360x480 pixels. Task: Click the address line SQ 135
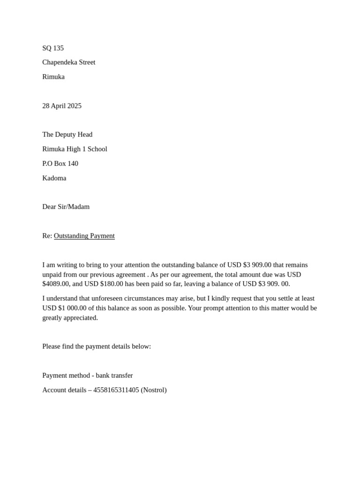[x=53, y=48]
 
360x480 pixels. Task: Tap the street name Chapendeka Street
[x=68, y=62]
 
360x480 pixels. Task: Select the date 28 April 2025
[x=62, y=106]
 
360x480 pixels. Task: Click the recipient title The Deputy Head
[x=67, y=135]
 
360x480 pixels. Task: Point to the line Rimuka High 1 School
[x=75, y=149]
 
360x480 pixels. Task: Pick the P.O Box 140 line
[x=60, y=164]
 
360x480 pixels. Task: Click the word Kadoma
[x=54, y=178]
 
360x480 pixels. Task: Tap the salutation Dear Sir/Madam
[x=66, y=207]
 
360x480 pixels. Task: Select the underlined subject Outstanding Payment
[x=84, y=236]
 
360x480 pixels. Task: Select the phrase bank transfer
[x=114, y=375]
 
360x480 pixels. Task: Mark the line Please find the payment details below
[x=97, y=346]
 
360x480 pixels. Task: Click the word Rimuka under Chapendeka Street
[x=53, y=77]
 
